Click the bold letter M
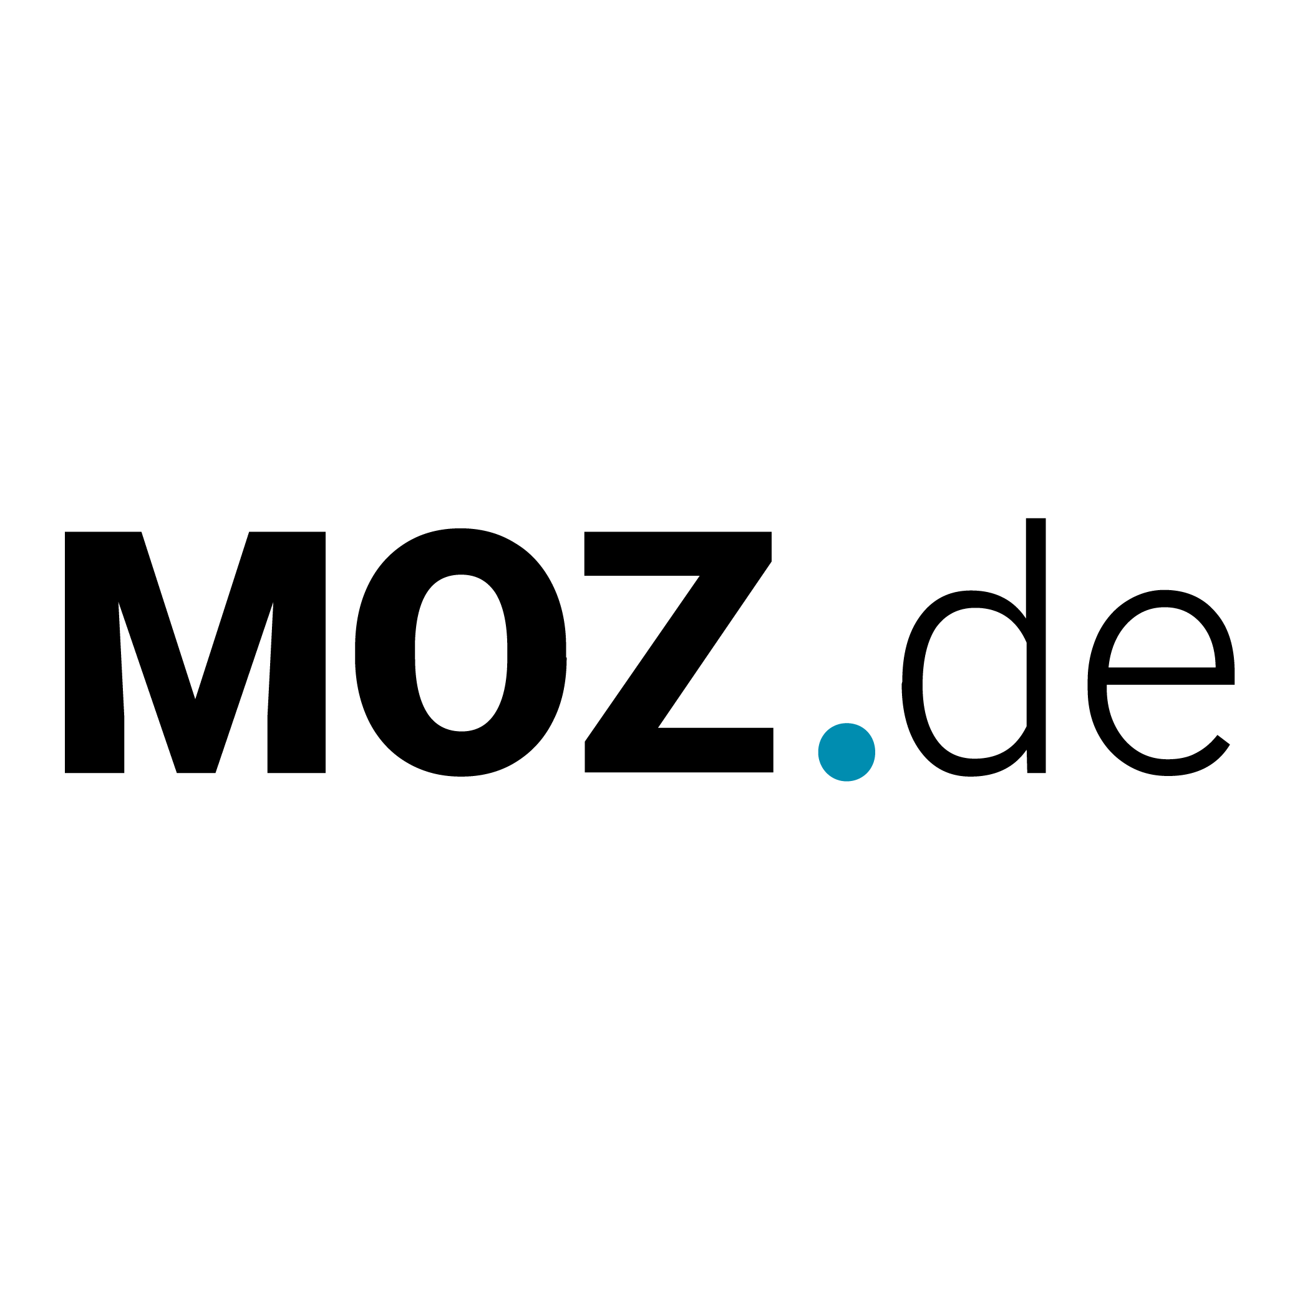pyautogui.click(x=195, y=652)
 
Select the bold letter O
pyautogui.click(x=461, y=652)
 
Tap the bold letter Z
pyautogui.click(x=678, y=652)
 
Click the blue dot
pyautogui.click(x=846, y=752)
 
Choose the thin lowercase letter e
pyautogui.click(x=1161, y=683)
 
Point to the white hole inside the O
pyautogui.click(x=461, y=652)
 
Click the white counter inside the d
pyautogui.click(x=974, y=683)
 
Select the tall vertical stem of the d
pyautogui.click(x=1036, y=646)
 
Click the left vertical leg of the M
pyautogui.click(x=94, y=652)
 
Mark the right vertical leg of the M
pyautogui.click(x=296, y=652)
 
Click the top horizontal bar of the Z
pyautogui.click(x=677, y=553)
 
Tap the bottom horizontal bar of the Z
pyautogui.click(x=679, y=750)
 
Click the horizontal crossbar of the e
pyautogui.click(x=1171, y=676)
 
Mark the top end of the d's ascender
pyautogui.click(x=1036, y=519)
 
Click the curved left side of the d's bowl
pyautogui.click(x=912, y=683)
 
